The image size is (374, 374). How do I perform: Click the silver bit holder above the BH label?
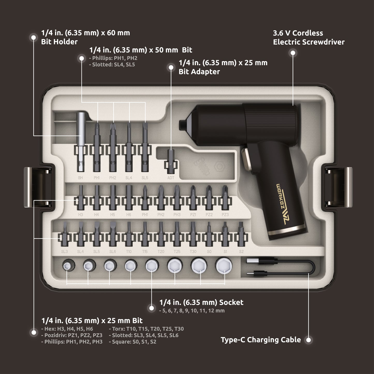tap(81, 142)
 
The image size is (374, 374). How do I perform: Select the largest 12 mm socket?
tap(224, 265)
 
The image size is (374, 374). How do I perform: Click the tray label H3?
tap(80, 215)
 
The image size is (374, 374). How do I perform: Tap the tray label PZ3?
tap(225, 215)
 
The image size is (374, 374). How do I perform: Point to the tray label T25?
tap(177, 252)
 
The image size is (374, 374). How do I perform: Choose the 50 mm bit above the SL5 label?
tap(145, 148)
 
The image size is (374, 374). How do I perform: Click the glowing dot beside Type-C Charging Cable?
tap(308, 340)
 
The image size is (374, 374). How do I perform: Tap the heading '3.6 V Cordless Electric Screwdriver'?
tap(309, 38)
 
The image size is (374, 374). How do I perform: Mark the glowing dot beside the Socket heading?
tap(151, 308)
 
